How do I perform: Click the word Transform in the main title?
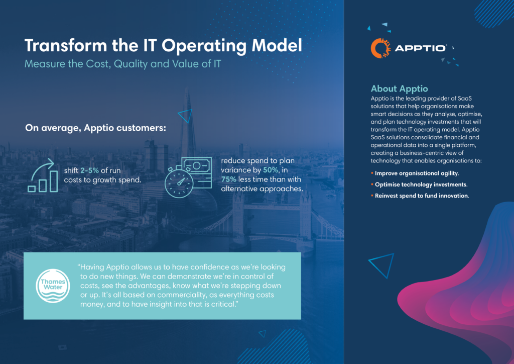tap(66, 45)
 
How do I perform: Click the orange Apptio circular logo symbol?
tap(380, 48)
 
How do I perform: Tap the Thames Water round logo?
tap(53, 286)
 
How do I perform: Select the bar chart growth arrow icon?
tap(43, 175)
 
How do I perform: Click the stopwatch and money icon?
tap(188, 177)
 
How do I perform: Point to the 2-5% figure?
tap(89, 170)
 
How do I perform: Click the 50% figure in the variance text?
tap(271, 170)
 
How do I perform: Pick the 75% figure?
tap(228, 179)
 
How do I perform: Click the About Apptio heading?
tap(399, 88)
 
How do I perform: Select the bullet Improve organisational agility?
tap(417, 173)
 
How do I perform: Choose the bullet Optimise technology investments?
tap(421, 185)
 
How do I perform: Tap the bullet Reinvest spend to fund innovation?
tap(422, 196)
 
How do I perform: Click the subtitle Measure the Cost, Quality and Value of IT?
tap(123, 64)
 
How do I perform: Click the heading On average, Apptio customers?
tap(95, 128)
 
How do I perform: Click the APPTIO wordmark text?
tap(421, 48)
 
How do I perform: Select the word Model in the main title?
tap(277, 45)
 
